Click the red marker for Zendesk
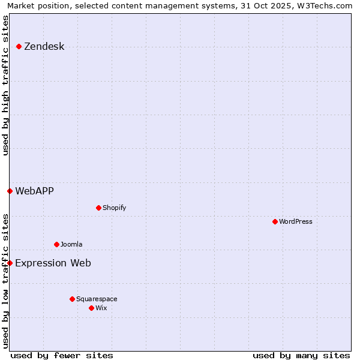point(19,47)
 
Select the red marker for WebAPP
point(10,191)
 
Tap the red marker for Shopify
point(98,208)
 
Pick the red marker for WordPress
point(275,222)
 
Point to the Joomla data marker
point(56,245)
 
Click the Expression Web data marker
point(10,263)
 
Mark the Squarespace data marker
point(72,299)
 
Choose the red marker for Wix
point(91,308)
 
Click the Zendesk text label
point(44,47)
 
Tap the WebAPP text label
point(34,191)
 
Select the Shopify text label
point(114,208)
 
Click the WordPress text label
point(295,222)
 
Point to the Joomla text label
point(71,245)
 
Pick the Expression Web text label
point(53,263)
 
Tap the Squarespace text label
point(97,299)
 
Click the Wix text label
point(101,308)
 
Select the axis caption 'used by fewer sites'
point(61,355)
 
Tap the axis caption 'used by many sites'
point(301,355)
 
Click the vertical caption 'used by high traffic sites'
point(6,85)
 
